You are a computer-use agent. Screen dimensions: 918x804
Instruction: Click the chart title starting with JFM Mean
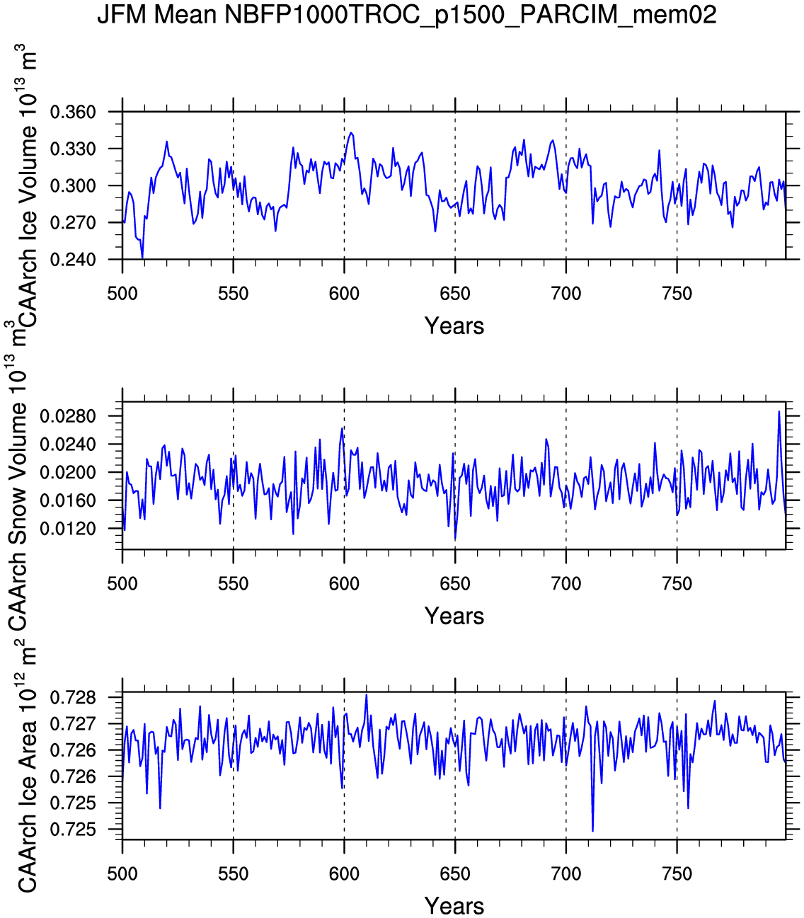406,14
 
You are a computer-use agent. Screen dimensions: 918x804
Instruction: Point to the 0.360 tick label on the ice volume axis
73,113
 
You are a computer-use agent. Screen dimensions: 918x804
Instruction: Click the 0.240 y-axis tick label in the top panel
73,260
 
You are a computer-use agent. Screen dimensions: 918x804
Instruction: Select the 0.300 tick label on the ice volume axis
73,186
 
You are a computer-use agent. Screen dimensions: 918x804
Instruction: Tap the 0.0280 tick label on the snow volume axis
68,416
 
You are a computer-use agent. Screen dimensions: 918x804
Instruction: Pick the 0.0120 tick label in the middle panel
68,529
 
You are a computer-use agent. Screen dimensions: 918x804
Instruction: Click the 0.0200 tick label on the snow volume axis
68,473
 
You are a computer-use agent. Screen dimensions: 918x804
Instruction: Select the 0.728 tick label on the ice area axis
73,699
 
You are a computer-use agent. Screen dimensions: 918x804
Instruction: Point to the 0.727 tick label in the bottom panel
73,725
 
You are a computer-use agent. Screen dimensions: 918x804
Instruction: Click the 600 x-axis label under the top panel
344,294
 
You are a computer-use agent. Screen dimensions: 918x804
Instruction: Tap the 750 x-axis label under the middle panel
677,584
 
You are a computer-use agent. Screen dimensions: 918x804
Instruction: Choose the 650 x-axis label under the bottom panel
455,874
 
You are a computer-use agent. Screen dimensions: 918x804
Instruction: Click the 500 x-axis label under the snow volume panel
122,584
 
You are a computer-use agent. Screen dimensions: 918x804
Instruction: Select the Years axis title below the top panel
454,326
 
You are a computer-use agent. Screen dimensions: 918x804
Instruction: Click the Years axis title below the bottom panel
454,906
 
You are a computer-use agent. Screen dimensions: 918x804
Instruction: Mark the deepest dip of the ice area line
592,831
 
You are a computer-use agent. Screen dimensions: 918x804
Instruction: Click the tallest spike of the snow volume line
779,411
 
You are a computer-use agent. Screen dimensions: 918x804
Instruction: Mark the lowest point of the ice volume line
142,258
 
